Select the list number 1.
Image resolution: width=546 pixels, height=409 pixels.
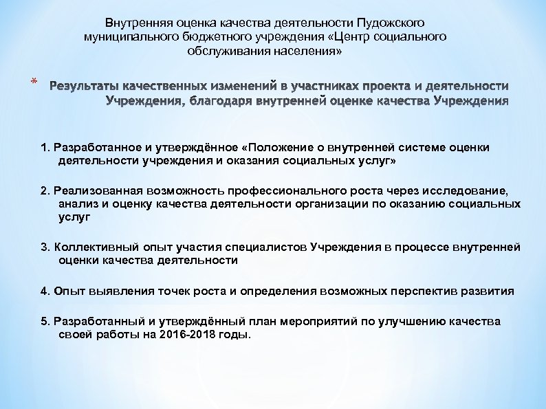pos(45,148)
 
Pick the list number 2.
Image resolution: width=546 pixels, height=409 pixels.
pos(45,191)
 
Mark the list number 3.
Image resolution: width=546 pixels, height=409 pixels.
pos(45,247)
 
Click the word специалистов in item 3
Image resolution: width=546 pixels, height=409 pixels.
pos(270,247)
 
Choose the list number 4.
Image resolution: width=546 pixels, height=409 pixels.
pos(45,291)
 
